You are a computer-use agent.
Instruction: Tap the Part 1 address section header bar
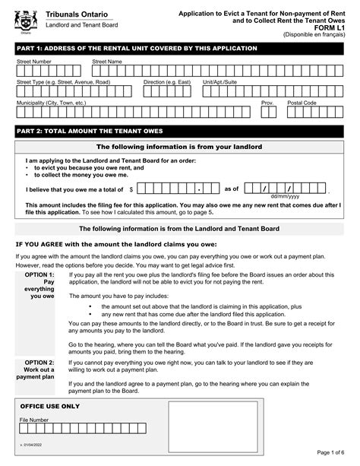click(x=179, y=49)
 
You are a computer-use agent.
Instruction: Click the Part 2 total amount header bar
click(x=179, y=130)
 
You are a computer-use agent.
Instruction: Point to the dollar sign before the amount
click(x=131, y=189)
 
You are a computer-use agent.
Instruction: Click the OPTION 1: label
click(x=39, y=274)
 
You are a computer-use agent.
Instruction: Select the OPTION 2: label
click(x=39, y=363)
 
